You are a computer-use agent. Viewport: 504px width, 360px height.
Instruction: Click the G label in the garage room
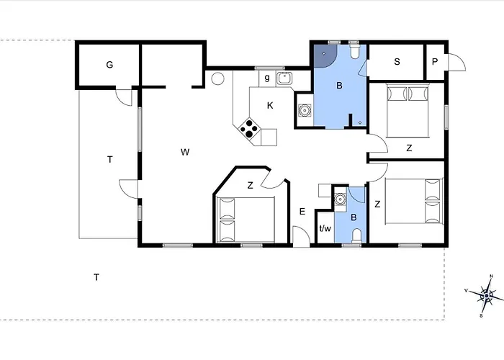click(x=109, y=65)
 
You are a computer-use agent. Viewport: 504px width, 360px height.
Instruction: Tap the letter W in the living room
click(x=185, y=152)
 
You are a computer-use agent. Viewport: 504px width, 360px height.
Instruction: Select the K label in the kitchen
click(x=270, y=105)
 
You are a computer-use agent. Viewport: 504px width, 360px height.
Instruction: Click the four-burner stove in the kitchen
click(x=249, y=129)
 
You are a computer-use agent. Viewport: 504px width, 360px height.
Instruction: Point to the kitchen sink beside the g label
click(x=284, y=78)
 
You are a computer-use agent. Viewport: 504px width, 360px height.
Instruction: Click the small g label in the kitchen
click(x=267, y=78)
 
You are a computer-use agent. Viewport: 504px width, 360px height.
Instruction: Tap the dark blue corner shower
click(x=325, y=55)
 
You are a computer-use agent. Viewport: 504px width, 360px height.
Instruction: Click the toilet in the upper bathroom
click(x=354, y=51)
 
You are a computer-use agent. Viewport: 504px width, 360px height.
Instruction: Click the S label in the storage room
click(x=397, y=62)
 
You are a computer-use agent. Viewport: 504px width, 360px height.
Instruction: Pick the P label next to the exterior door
click(x=435, y=62)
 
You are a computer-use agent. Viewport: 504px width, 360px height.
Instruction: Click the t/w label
click(x=325, y=228)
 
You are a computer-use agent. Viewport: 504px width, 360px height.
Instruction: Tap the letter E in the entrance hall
click(x=302, y=212)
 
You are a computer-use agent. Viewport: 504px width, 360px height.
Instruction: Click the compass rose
click(x=487, y=295)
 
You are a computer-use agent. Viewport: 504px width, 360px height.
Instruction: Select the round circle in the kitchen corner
click(x=217, y=78)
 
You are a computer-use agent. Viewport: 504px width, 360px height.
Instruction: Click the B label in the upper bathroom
click(x=339, y=86)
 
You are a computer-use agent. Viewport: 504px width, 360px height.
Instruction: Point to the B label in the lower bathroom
click(x=354, y=217)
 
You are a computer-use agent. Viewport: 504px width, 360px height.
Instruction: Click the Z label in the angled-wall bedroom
click(x=250, y=186)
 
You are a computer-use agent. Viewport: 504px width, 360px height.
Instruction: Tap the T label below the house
click(x=96, y=277)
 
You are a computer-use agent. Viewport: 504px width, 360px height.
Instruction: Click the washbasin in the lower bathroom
click(x=339, y=199)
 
